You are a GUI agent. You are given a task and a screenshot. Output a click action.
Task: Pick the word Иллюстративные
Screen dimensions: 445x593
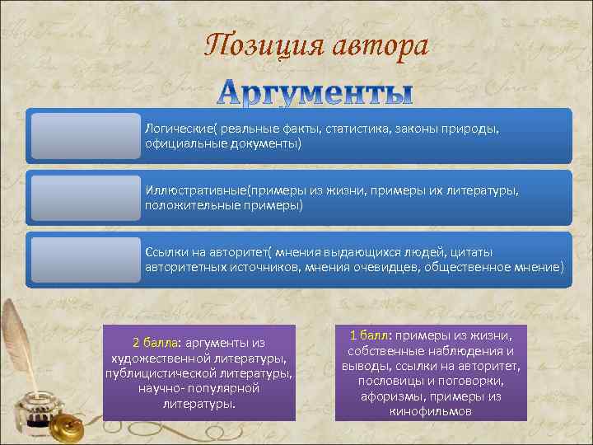193,190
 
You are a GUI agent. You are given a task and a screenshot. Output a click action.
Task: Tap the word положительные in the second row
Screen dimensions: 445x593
184,205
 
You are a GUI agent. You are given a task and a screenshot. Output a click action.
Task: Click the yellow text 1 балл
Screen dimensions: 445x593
371,335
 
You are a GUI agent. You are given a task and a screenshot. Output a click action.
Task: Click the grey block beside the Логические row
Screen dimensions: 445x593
85,137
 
